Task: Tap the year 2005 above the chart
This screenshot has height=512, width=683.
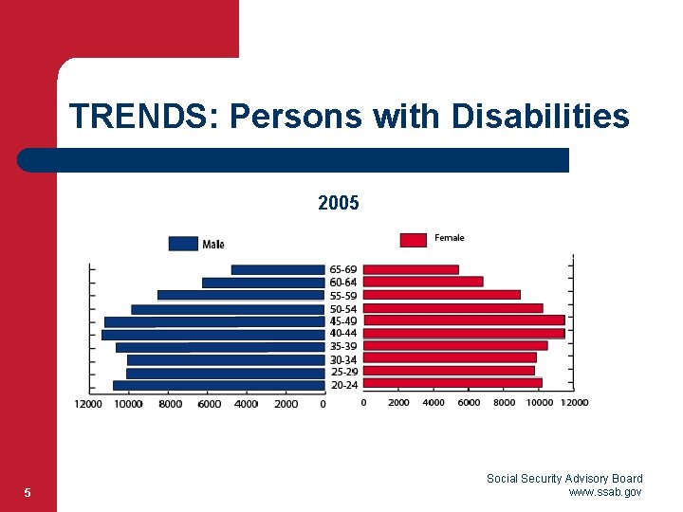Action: coord(339,203)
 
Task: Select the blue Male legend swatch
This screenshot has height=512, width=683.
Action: coord(183,244)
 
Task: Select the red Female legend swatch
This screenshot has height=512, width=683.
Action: coord(413,240)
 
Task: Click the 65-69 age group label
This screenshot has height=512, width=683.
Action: coord(343,269)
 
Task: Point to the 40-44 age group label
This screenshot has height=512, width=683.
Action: coord(343,334)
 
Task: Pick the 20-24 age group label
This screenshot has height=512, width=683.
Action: coord(343,385)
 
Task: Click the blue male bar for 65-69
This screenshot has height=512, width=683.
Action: coord(278,269)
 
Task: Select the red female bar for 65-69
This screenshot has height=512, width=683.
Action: coord(411,269)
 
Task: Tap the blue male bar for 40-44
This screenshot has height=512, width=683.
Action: coord(213,334)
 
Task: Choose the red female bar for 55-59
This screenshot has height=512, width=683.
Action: coord(442,295)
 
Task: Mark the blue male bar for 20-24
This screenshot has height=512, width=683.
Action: coord(219,385)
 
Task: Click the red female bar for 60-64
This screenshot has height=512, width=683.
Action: coord(423,282)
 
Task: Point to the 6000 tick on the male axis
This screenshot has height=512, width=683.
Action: coord(209,404)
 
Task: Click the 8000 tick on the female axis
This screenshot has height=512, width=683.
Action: coord(505,402)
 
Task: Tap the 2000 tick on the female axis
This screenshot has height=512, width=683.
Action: coord(398,402)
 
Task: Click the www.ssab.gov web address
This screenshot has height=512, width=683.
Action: coord(605,492)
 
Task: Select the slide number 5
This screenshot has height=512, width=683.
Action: coord(28,492)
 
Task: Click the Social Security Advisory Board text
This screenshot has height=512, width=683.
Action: coord(564,479)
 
